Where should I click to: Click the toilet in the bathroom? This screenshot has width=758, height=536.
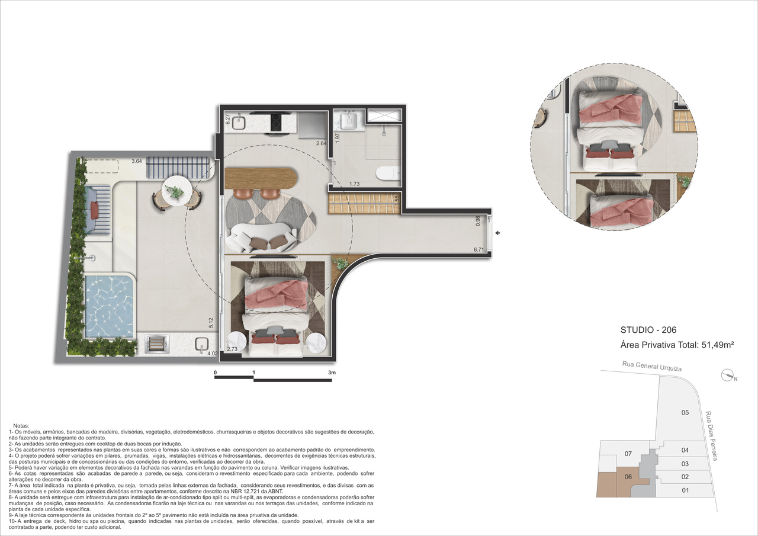387,172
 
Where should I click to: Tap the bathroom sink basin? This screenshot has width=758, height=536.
349,121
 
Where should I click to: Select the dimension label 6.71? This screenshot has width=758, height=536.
479,250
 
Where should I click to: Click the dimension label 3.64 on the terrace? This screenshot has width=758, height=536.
137,161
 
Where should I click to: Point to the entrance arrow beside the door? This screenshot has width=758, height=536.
498,233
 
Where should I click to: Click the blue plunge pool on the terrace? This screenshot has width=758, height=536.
108,307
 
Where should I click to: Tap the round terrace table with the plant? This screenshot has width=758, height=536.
176,190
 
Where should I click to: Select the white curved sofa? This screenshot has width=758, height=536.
261,237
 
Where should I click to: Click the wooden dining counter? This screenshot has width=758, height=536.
261,178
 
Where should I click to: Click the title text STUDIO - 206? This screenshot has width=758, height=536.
648,330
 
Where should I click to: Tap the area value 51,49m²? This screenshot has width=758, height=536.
717,345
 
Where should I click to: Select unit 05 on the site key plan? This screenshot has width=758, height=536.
685,412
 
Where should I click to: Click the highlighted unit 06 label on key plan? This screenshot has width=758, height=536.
628,477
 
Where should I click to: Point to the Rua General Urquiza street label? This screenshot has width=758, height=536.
652,367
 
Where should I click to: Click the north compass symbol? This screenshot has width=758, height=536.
727,375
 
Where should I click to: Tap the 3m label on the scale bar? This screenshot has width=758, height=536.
332,373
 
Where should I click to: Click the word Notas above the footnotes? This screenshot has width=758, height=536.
21,426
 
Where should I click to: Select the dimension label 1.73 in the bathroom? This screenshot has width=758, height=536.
354,184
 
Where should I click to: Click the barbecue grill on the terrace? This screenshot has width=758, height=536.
157,345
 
